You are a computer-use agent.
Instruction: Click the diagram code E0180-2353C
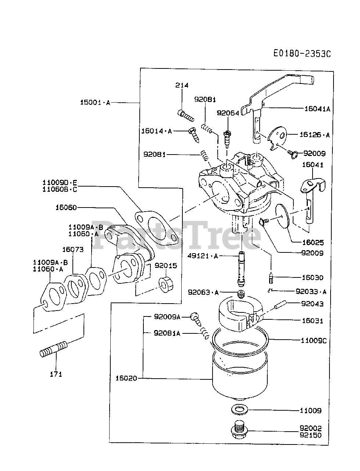[x=302, y=53]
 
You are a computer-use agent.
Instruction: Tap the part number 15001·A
[x=95, y=102]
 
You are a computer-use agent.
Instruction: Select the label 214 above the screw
[x=182, y=85]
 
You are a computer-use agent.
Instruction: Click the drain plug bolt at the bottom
[x=239, y=430]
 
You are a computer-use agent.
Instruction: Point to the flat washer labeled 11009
[x=240, y=410]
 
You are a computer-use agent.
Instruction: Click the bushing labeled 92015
[x=166, y=285]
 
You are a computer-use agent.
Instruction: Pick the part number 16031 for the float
[x=313, y=321]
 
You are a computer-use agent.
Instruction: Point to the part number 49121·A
[x=203, y=256]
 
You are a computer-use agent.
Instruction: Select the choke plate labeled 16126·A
[x=277, y=138]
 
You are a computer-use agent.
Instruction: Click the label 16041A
[x=317, y=109]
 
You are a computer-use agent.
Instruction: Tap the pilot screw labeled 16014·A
[x=194, y=135]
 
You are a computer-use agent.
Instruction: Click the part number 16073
[x=73, y=249]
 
